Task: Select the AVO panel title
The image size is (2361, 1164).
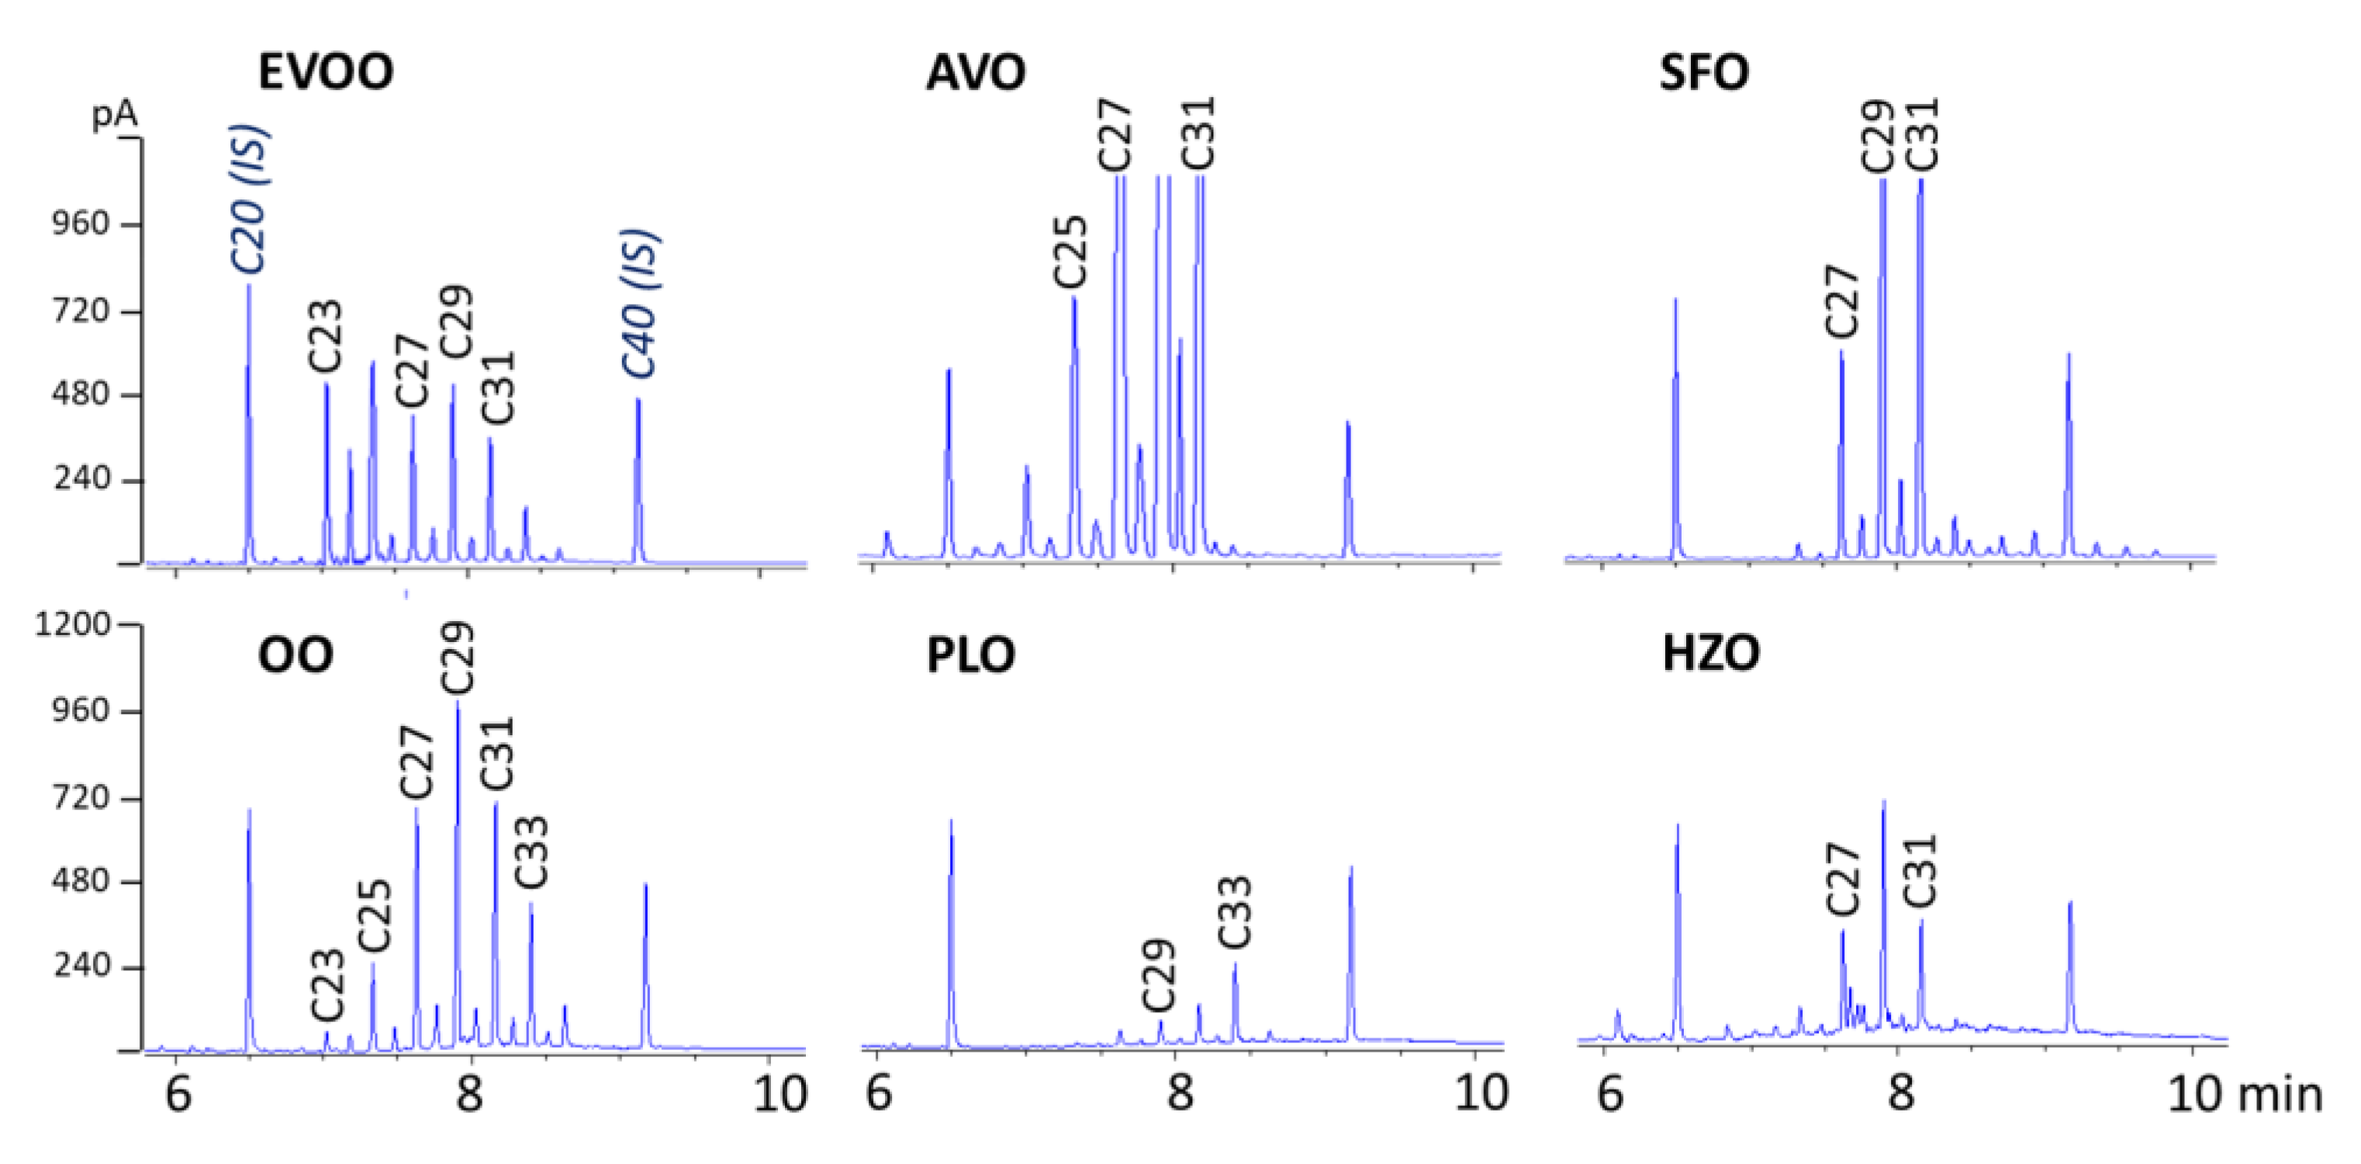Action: click(975, 71)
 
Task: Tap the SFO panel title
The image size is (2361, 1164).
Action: click(1703, 71)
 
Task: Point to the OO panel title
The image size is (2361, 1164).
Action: click(295, 655)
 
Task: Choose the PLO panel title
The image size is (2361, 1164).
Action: click(970, 655)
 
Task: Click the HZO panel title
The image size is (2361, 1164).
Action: click(1710, 655)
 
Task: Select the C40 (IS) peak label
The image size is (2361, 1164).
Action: click(641, 303)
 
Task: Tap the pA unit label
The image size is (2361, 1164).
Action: click(115, 116)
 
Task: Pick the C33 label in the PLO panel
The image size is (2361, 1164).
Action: click(1235, 911)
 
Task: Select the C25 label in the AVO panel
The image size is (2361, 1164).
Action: click(1070, 251)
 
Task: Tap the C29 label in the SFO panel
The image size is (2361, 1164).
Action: click(1877, 136)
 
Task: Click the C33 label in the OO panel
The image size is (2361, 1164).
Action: click(531, 851)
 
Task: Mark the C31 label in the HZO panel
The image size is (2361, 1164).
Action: click(1920, 870)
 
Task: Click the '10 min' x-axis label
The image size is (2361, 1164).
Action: click(2245, 1094)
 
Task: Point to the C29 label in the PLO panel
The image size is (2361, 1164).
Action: click(1159, 973)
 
